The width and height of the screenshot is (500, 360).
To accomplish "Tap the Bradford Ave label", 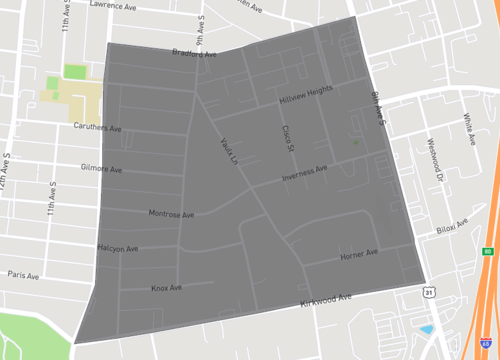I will (x=195, y=52).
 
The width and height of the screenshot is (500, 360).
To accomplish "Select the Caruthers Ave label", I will (x=98, y=128).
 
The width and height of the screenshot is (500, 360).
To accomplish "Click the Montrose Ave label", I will (x=171, y=214).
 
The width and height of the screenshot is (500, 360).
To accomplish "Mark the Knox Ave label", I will (x=166, y=288).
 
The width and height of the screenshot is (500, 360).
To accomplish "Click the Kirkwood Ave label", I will (x=326, y=299).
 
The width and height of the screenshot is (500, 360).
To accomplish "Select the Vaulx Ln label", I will (x=229, y=151).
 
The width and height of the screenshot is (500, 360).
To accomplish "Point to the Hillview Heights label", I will (x=305, y=97).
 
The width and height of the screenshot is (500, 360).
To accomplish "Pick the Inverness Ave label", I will (x=304, y=174).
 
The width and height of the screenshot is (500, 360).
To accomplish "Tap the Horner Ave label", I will (x=358, y=256).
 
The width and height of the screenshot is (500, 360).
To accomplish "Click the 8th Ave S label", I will (x=378, y=108).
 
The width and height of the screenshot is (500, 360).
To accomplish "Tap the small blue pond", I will (x=428, y=329).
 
